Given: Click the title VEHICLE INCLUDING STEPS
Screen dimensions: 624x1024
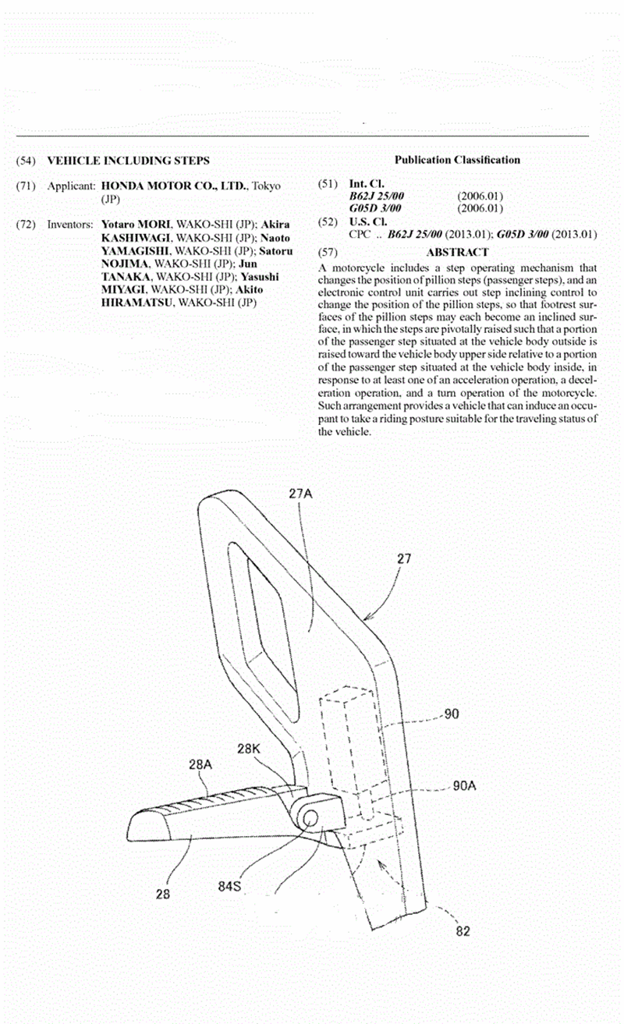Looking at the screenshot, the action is [x=129, y=161].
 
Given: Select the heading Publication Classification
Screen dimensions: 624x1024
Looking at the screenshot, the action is [x=457, y=160].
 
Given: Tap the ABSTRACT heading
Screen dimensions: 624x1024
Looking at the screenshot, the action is [x=457, y=252].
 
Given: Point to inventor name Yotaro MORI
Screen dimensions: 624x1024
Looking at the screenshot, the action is [x=136, y=225].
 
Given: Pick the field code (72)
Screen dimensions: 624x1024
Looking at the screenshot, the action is [x=26, y=225].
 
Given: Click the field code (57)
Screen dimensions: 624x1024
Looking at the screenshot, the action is [x=328, y=252].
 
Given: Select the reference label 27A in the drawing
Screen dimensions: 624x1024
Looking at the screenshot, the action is [x=300, y=493].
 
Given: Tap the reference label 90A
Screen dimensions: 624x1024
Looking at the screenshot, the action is [x=464, y=785].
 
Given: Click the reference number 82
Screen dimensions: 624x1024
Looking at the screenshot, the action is [x=463, y=931].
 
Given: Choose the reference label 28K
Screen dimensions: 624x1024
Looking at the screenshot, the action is [x=249, y=749].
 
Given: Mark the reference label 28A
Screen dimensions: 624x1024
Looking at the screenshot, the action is [x=200, y=764].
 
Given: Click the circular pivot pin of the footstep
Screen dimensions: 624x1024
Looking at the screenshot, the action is [x=309, y=818].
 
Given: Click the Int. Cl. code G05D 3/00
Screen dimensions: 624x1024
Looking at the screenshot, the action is [x=375, y=208].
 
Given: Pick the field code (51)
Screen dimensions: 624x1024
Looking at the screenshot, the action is [x=328, y=184].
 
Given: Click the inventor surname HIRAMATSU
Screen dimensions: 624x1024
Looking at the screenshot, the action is [x=136, y=303].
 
